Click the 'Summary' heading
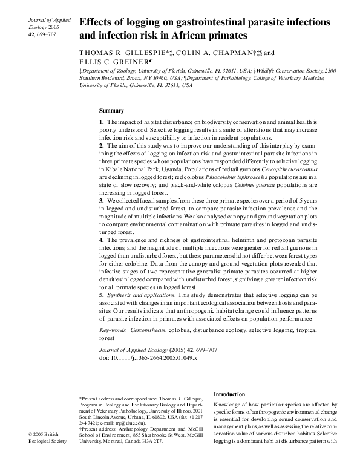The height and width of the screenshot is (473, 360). coord(111,111)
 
